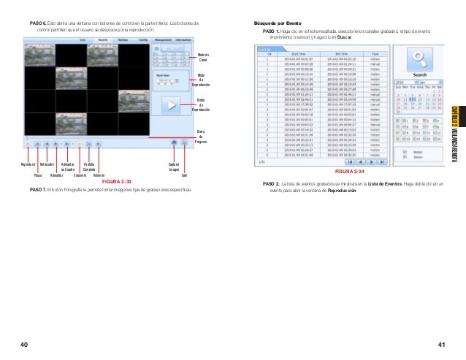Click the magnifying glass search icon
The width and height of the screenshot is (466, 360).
click(x=419, y=58)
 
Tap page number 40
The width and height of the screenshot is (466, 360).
click(x=25, y=343)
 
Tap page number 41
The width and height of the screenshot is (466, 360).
click(x=441, y=343)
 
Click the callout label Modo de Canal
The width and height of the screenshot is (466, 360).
click(x=203, y=58)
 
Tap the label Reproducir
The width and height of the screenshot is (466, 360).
click(x=29, y=165)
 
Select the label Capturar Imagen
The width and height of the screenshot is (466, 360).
click(x=175, y=167)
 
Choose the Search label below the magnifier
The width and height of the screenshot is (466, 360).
click(x=419, y=74)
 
